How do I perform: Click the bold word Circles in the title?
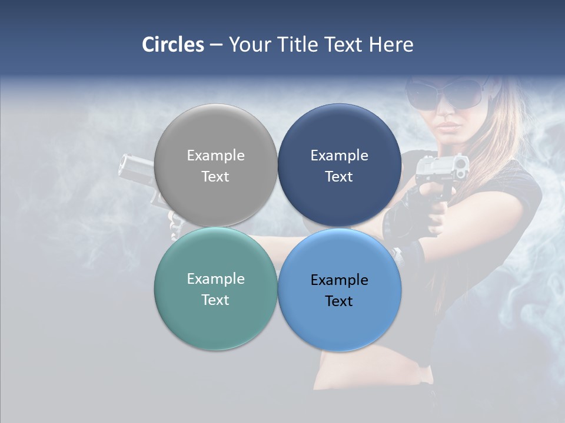172,45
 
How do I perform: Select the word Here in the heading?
391,45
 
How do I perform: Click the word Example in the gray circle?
215,156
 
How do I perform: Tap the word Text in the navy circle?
339,177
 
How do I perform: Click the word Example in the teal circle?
215,279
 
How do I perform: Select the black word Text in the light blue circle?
339,301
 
